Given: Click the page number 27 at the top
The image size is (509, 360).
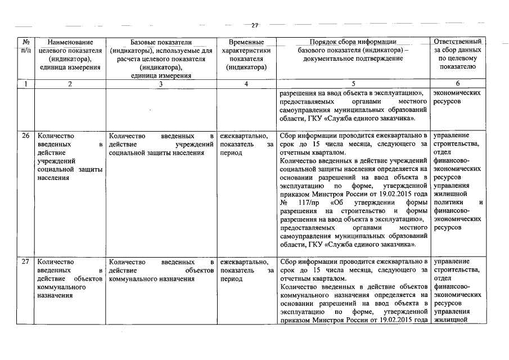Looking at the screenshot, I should coord(254,25).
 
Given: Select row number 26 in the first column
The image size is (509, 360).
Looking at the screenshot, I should coord(25,136).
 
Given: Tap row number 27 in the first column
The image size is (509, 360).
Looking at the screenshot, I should coord(25,262).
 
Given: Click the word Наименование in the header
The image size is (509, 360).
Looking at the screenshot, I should coord(70,42).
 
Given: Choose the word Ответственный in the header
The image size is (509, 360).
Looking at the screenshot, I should coord(458,42).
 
